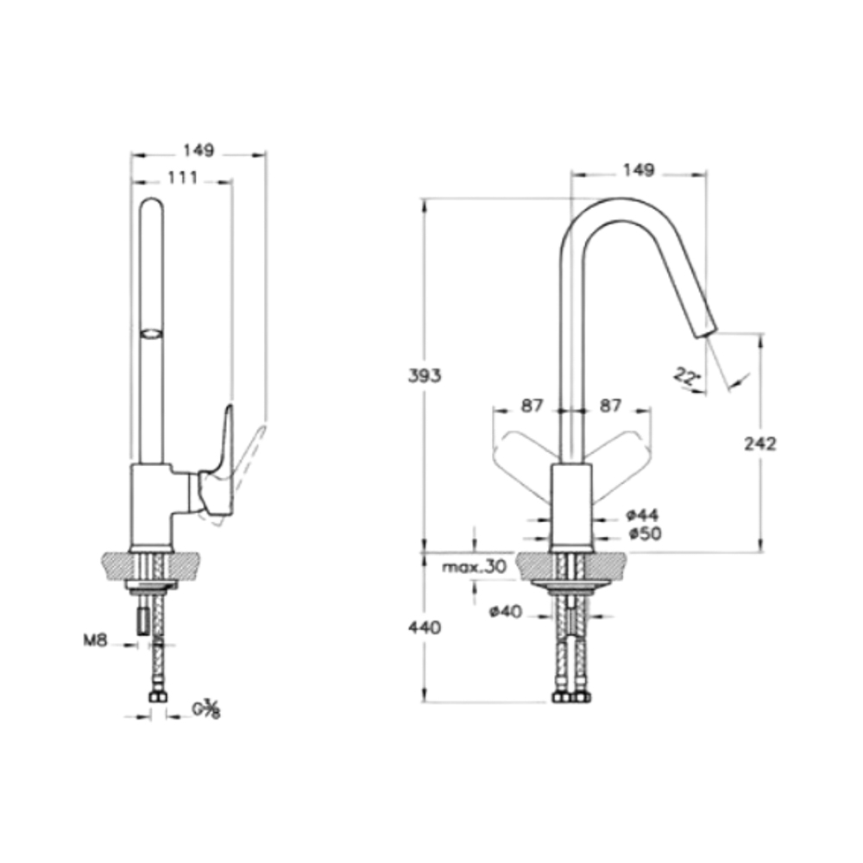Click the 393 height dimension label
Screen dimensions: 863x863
(x=425, y=376)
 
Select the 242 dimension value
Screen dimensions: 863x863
(x=759, y=444)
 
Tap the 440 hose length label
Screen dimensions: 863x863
(x=425, y=627)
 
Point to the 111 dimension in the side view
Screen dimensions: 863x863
(x=182, y=178)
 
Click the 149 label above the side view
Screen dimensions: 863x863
(x=198, y=150)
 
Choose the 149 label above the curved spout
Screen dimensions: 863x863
(x=639, y=170)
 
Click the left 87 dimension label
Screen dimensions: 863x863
(x=532, y=406)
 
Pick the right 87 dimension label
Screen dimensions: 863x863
(x=610, y=406)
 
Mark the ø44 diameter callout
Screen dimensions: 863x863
(x=642, y=515)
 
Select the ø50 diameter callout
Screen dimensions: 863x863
(x=645, y=533)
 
